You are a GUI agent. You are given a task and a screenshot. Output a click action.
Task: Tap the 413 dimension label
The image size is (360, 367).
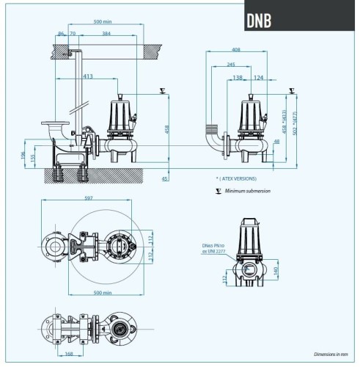88,76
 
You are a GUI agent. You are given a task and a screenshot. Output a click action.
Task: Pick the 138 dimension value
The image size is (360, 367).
237,77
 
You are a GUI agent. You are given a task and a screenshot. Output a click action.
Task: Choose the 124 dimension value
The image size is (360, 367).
260,77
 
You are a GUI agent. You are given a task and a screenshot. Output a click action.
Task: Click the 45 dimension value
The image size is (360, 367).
165,178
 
